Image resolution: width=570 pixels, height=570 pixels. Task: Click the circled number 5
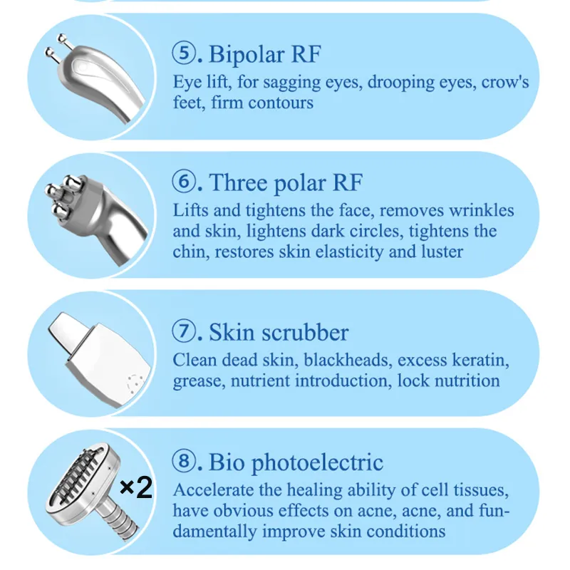184,53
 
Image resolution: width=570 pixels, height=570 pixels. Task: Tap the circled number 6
184,181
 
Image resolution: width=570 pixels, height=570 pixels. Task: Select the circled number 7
184,331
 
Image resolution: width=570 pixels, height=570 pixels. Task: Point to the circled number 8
184,461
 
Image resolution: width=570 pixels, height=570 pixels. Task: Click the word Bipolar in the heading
246,56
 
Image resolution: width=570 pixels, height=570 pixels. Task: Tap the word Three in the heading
238,182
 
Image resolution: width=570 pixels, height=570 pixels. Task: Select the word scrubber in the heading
305,332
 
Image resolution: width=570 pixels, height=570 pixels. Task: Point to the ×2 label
136,487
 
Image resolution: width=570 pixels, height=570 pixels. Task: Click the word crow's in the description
505,82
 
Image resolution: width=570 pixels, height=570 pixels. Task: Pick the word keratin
481,360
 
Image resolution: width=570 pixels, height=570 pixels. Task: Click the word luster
442,252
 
